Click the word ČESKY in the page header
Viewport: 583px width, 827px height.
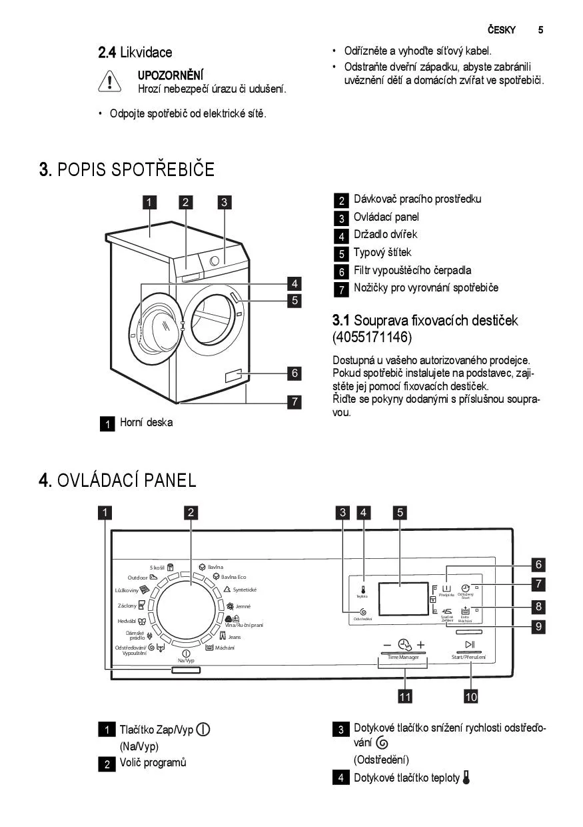click(x=501, y=29)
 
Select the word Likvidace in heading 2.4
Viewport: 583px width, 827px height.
click(x=146, y=53)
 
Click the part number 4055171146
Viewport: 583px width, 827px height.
click(x=372, y=337)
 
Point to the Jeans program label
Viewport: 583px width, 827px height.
click(x=235, y=637)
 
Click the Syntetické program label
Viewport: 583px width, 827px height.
click(x=245, y=590)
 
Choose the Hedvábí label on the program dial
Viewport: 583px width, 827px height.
click(x=127, y=622)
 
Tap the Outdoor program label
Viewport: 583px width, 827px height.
click(x=138, y=577)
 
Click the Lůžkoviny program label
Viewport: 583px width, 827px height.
click(x=127, y=590)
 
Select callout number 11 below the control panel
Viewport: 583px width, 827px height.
click(x=404, y=697)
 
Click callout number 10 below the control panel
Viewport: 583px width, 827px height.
click(x=470, y=697)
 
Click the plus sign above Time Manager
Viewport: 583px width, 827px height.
click(x=420, y=645)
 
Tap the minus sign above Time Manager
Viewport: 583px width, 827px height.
click(x=387, y=645)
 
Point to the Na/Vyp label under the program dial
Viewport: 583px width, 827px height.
click(x=186, y=660)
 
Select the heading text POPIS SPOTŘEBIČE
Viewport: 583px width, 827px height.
click(x=136, y=169)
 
